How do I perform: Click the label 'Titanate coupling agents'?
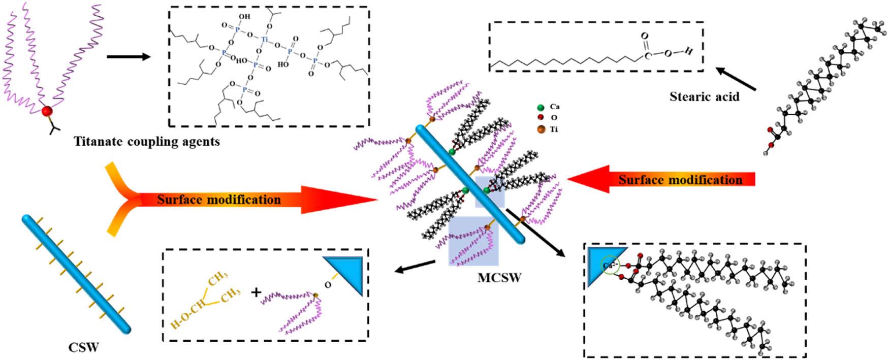click(x=147, y=141)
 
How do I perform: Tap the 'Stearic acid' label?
click(x=704, y=96)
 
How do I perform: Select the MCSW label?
click(x=499, y=278)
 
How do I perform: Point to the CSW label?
click(x=83, y=348)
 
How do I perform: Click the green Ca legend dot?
click(x=541, y=108)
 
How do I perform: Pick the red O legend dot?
click(x=541, y=118)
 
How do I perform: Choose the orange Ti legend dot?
click(x=541, y=129)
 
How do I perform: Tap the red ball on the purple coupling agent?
click(x=47, y=111)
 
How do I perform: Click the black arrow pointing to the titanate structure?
click(x=129, y=56)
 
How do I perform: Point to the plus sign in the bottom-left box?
click(x=257, y=292)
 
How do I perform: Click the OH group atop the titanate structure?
click(x=244, y=17)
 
